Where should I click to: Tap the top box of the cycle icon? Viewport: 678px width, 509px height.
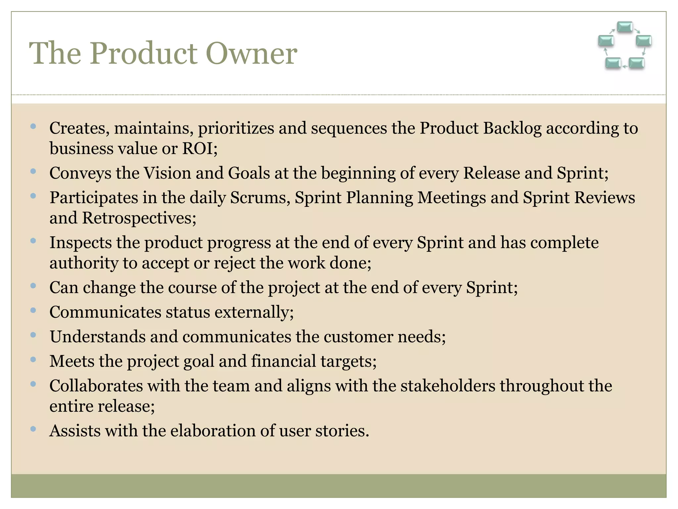point(625,27)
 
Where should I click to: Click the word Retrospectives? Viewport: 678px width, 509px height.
point(139,218)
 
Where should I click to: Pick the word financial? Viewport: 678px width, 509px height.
point(283,361)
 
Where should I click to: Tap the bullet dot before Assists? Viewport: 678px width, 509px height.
point(33,429)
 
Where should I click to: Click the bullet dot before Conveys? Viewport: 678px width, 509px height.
point(33,171)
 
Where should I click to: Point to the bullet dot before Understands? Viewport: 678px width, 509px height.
point(33,335)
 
